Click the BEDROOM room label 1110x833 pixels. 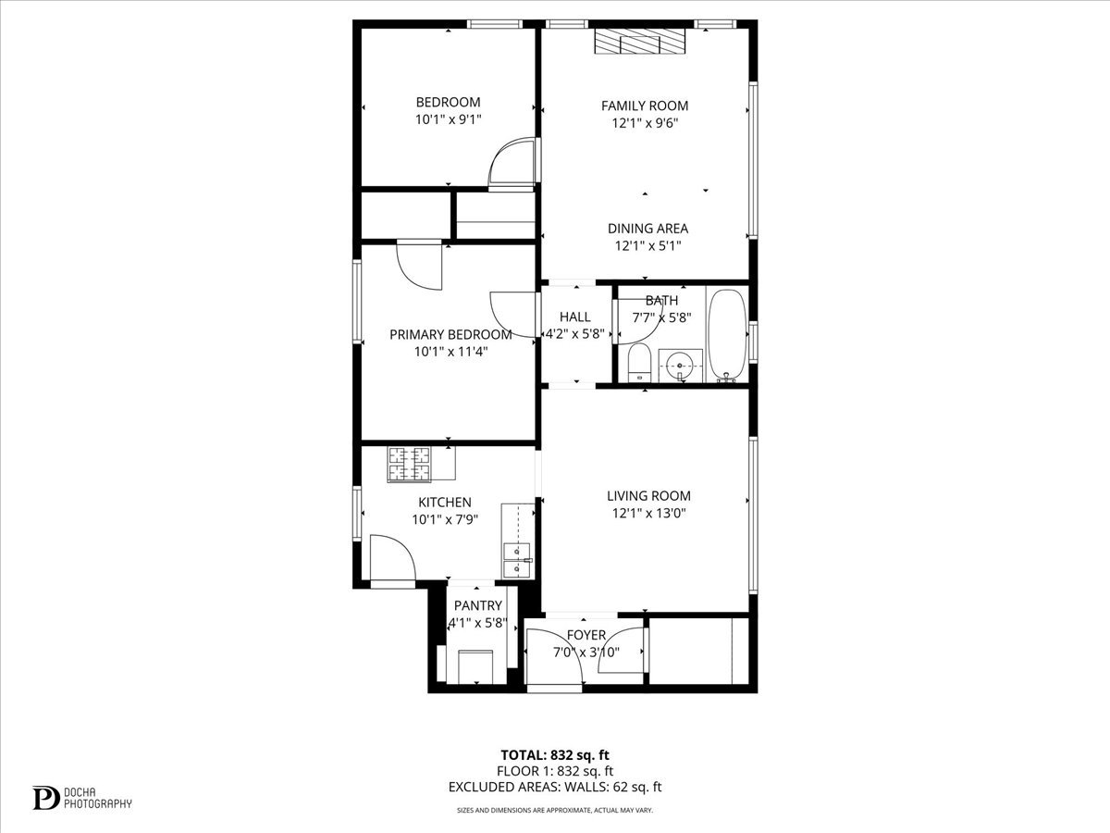(448, 102)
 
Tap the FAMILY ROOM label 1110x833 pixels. (645, 106)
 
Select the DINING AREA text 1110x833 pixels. (647, 229)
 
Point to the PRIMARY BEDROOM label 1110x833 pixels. (450, 334)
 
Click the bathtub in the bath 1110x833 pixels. (726, 335)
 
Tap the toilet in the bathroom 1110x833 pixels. (639, 363)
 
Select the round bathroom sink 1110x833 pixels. (681, 367)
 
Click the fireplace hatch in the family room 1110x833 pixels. (639, 43)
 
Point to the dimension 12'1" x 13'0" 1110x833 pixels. (647, 513)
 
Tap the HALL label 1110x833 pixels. (574, 317)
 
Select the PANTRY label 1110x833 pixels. (477, 605)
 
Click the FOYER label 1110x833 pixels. (586, 635)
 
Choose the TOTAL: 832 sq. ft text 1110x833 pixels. (555, 754)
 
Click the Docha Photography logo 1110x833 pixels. (82, 797)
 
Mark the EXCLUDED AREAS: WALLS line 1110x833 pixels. (555, 788)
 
